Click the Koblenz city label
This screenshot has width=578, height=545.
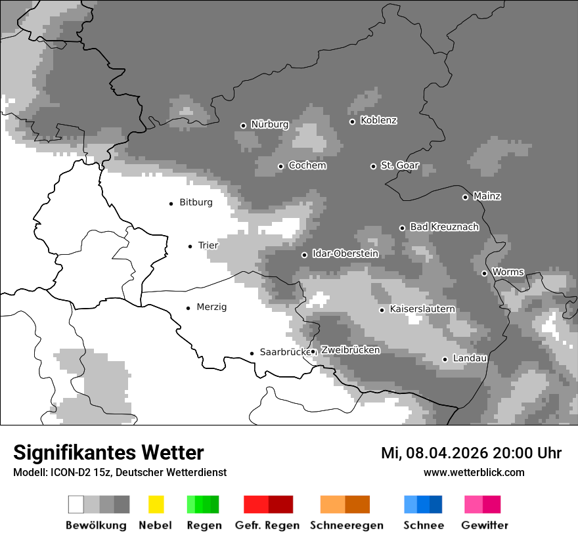[x=378, y=121]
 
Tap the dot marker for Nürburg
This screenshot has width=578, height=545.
[x=243, y=125]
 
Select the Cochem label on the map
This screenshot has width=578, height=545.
[x=307, y=165]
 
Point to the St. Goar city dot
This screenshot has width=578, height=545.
[x=373, y=166]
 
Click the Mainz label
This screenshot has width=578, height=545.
[x=487, y=196]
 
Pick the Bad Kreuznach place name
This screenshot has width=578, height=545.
[x=444, y=227]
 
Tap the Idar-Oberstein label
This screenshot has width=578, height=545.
[x=345, y=254]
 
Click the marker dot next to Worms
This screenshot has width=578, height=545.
[x=484, y=273]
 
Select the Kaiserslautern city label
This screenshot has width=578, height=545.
[x=422, y=309]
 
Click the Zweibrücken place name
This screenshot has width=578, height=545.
[x=350, y=351]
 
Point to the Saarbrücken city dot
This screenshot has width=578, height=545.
[x=252, y=353]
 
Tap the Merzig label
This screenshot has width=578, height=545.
[x=211, y=307]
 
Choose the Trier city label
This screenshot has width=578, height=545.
[x=208, y=246]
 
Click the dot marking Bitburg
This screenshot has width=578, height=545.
[x=171, y=204]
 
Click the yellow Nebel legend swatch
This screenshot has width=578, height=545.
[x=156, y=504]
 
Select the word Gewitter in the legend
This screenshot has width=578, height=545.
[x=485, y=525]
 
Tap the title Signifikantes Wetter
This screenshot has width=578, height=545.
[x=108, y=452]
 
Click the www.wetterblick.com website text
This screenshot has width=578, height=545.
[x=474, y=472]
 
